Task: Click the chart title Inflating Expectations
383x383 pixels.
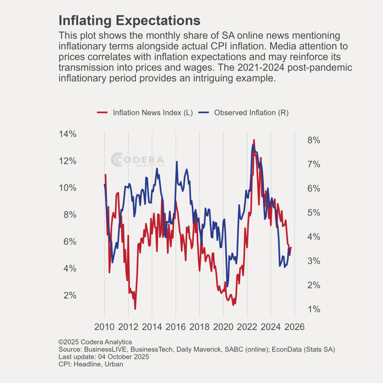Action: tap(129, 21)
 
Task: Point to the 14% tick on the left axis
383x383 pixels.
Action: tap(67, 134)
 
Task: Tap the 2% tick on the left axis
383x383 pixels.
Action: tap(70, 295)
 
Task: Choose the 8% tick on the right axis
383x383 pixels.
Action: tap(314, 140)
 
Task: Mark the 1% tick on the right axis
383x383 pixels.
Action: tap(314, 309)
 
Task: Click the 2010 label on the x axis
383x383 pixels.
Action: tap(104, 327)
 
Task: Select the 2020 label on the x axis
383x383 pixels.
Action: tap(223, 327)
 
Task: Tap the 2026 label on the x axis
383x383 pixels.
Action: tap(294, 327)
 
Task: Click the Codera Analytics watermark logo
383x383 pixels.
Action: tap(137, 160)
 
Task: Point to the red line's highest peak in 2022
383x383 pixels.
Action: tap(254, 140)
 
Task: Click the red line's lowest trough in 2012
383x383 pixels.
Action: tap(135, 309)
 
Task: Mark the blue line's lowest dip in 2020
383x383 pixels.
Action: tap(227, 286)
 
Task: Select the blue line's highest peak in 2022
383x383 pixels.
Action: tap(253, 144)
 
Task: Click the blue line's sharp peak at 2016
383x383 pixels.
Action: tap(177, 162)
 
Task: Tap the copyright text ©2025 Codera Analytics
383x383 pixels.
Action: tap(95, 342)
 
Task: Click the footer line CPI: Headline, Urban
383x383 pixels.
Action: tap(91, 364)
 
